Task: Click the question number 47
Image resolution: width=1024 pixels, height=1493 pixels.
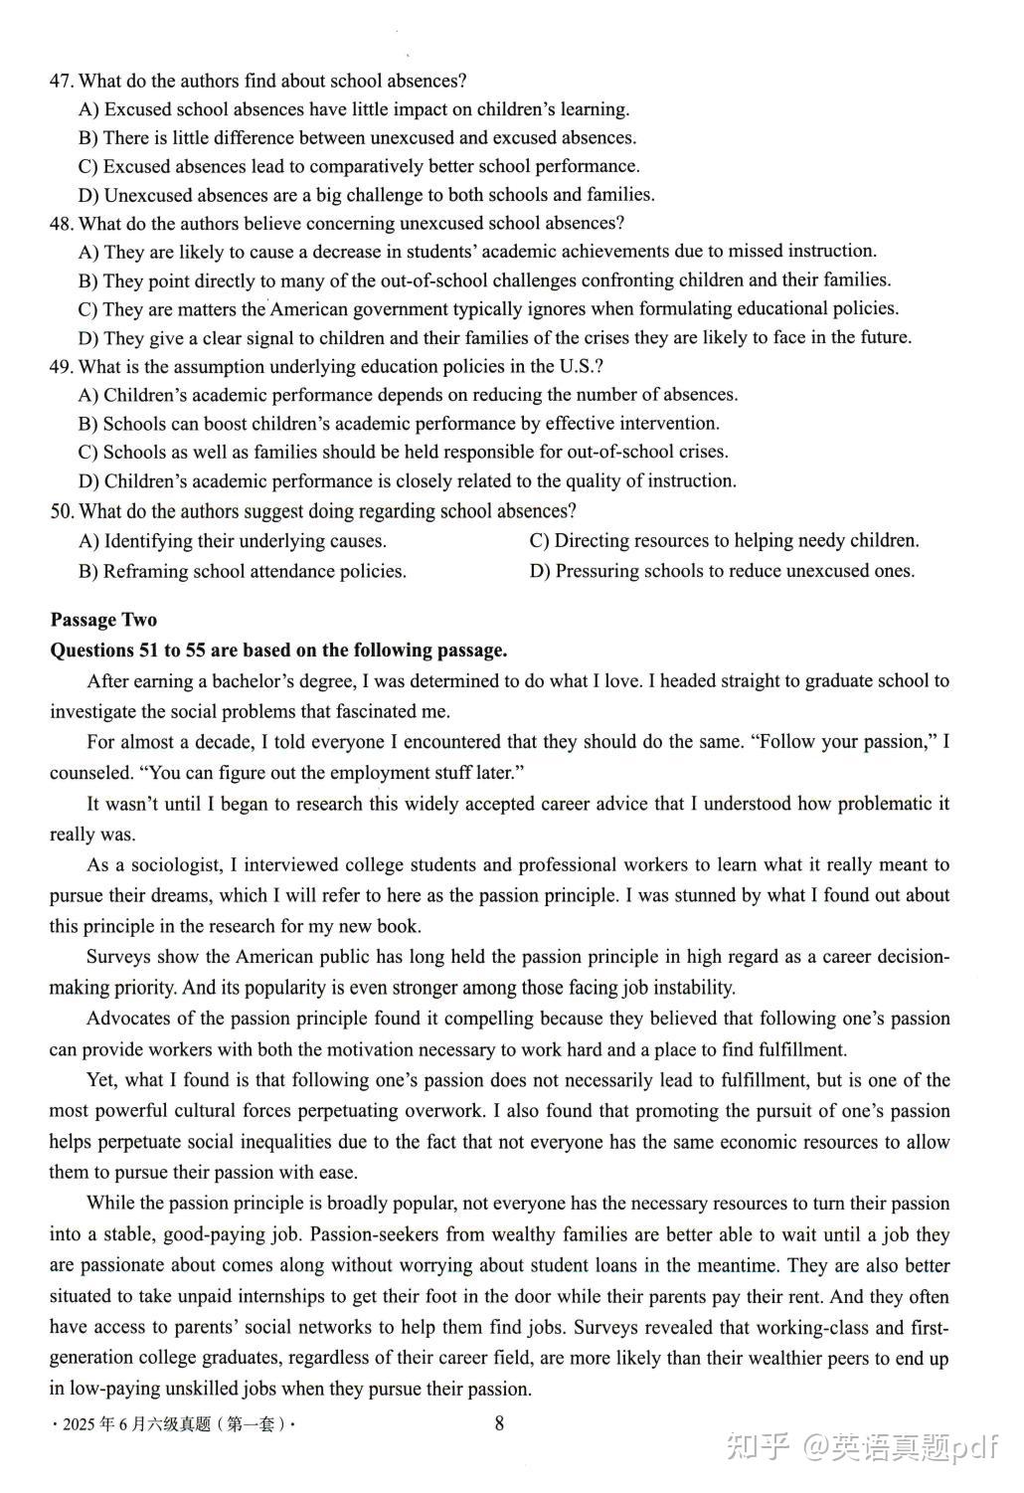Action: coord(61,81)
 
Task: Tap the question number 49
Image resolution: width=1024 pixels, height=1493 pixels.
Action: coord(61,366)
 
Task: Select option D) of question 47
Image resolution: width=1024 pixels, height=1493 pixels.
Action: coord(89,195)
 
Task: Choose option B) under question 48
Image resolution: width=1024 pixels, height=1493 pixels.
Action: coord(89,280)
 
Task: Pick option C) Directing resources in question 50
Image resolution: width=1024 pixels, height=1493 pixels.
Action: coord(540,541)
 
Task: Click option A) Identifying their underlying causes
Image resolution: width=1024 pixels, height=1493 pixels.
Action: coord(89,541)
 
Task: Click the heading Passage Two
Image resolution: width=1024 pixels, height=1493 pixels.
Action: coord(103,620)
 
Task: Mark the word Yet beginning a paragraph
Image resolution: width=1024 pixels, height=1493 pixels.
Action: coord(101,1080)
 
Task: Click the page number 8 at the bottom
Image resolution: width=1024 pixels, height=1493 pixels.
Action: coord(499,1423)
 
